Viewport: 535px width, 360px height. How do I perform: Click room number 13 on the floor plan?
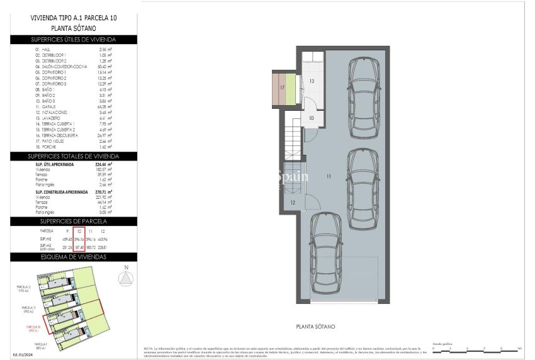311,81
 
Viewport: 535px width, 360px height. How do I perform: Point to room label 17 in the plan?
283,88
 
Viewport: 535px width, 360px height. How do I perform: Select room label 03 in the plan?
311,118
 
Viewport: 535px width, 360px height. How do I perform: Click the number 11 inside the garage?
328,177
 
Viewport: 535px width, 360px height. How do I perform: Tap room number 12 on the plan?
293,202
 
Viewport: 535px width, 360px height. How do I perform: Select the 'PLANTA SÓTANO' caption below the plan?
316,327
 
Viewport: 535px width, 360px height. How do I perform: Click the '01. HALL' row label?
44,48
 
